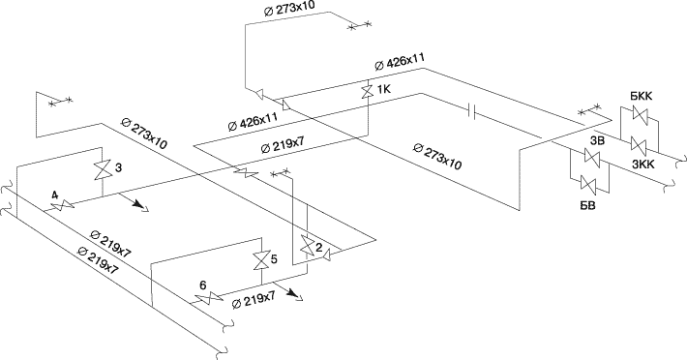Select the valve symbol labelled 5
pyautogui.click(x=260, y=261)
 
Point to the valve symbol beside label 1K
pyautogui.click(x=367, y=92)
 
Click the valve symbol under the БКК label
pyautogui.click(x=640, y=115)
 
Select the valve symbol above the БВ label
pyautogui.click(x=588, y=184)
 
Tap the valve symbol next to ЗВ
pyautogui.click(x=592, y=158)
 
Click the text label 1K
pyautogui.click(x=383, y=90)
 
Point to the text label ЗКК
pyautogui.click(x=642, y=164)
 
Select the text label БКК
pyautogui.click(x=642, y=97)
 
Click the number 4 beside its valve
pyautogui.click(x=55, y=195)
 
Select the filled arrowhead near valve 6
pyautogui.click(x=291, y=293)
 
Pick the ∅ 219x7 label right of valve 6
pyautogui.click(x=254, y=300)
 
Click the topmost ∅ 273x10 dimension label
pyautogui.click(x=289, y=8)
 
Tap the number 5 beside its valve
pyautogui.click(x=274, y=259)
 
